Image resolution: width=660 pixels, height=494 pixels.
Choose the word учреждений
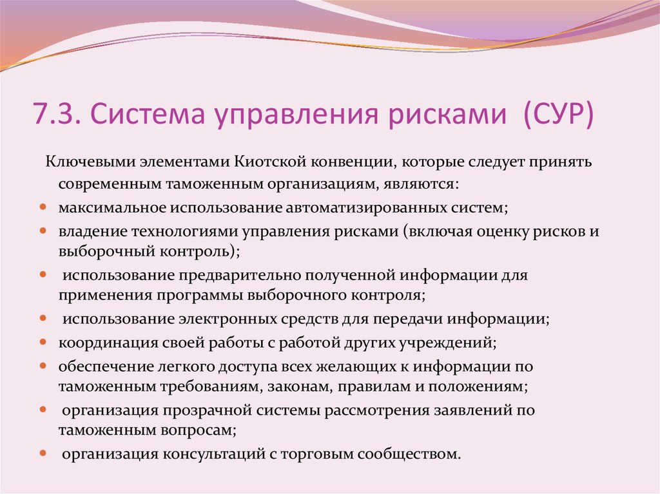click(454, 342)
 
